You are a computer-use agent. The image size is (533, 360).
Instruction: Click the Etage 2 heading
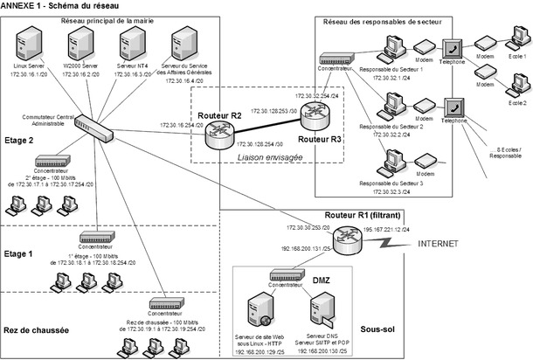[x=18, y=139]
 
